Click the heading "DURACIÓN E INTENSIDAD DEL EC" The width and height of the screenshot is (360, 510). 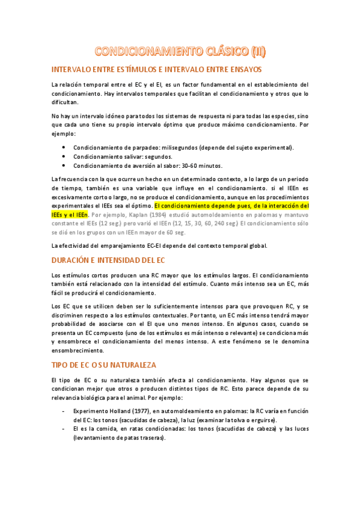[108, 260]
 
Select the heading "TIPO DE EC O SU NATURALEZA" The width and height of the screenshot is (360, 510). [104, 365]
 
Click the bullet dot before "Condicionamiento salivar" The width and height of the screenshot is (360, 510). [64, 156]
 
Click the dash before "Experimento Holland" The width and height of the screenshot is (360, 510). [64, 411]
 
